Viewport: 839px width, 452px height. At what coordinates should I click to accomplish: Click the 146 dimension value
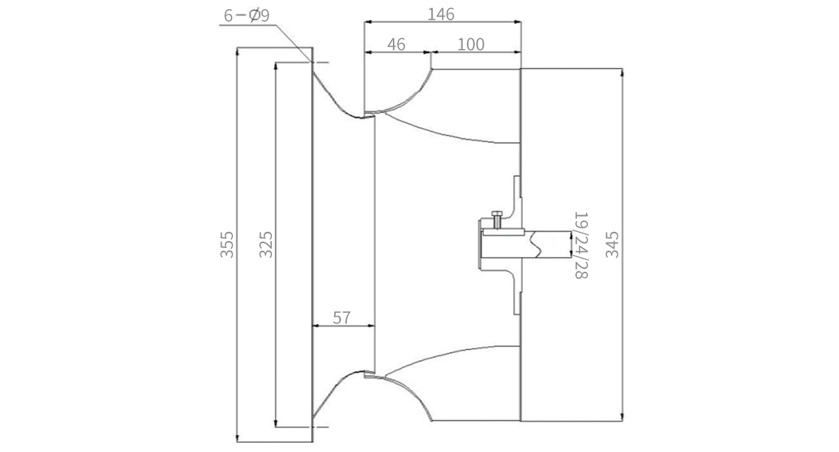(441, 14)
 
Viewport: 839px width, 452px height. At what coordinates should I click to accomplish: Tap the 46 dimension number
(396, 45)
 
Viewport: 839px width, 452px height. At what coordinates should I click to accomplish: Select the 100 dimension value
(471, 45)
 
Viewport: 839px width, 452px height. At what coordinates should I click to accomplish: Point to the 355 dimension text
(227, 245)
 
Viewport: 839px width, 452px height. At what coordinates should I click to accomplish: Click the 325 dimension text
(266, 245)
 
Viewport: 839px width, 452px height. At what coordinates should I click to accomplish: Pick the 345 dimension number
(612, 245)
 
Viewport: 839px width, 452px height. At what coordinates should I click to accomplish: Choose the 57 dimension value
(342, 318)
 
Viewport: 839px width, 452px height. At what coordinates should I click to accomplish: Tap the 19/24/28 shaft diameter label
(581, 245)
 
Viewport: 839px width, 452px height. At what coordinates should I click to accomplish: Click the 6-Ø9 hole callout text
(246, 15)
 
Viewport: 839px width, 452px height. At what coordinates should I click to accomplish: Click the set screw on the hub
(497, 219)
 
